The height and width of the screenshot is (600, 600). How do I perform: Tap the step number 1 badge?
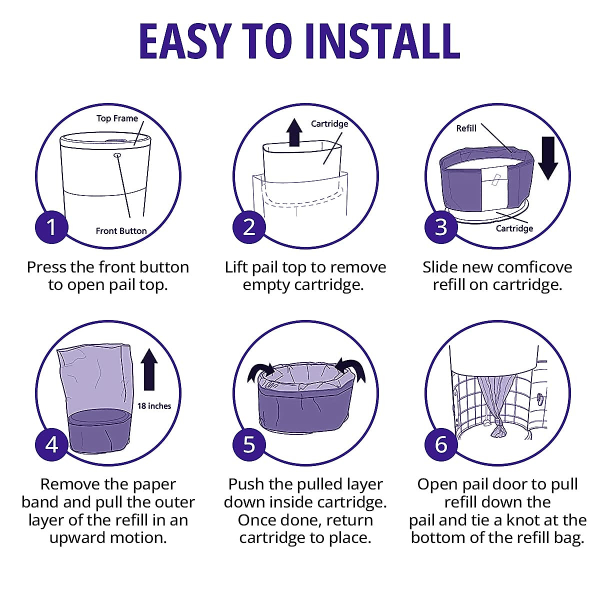[x=51, y=227]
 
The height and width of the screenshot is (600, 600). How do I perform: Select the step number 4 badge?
[x=51, y=444]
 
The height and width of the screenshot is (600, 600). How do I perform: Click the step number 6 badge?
[x=441, y=444]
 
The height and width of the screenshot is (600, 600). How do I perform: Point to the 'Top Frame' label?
[x=117, y=118]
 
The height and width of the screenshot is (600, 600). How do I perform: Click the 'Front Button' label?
[x=121, y=230]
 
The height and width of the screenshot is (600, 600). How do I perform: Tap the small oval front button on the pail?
[x=117, y=154]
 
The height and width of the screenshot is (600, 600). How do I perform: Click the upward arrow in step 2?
[x=294, y=132]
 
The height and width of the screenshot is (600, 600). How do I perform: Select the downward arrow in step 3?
[x=548, y=158]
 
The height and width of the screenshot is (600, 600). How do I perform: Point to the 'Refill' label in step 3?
[x=466, y=128]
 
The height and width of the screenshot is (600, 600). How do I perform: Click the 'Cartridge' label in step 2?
[x=329, y=124]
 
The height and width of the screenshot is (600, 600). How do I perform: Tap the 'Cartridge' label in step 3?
[x=514, y=228]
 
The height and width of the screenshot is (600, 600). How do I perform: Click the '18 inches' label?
[x=154, y=406]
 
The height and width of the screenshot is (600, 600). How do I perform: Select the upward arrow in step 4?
[x=149, y=369]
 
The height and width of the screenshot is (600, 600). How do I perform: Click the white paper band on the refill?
[x=494, y=188]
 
